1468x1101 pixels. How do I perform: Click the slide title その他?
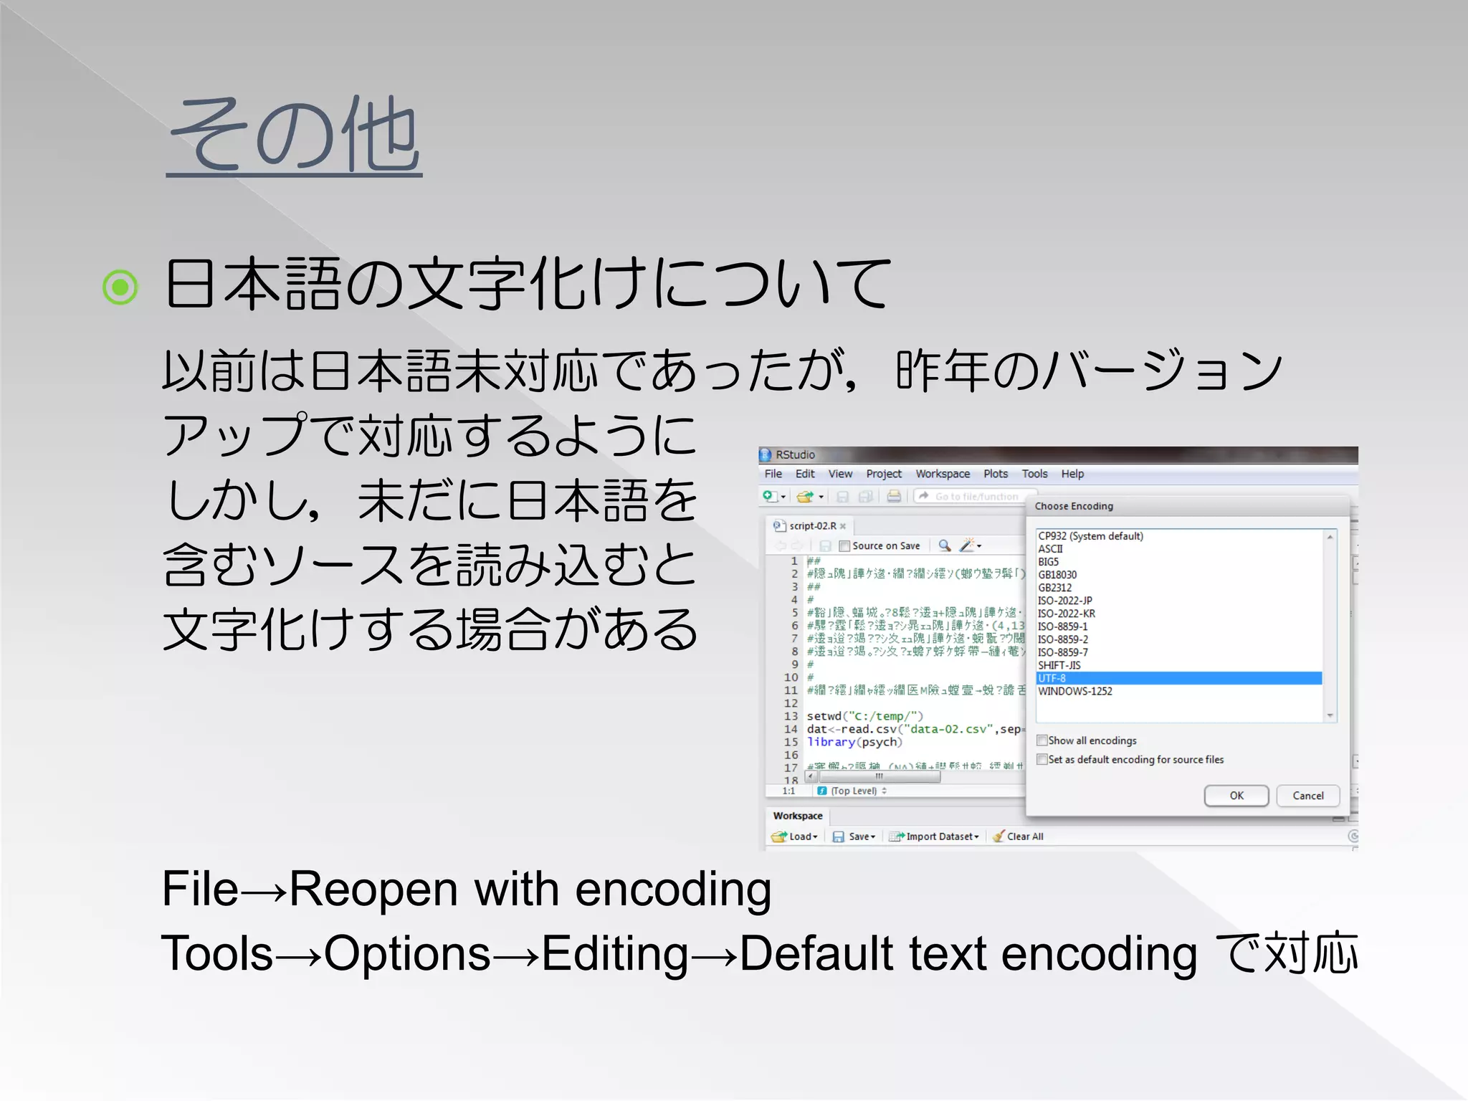click(294, 136)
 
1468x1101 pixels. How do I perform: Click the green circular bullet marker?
click(120, 287)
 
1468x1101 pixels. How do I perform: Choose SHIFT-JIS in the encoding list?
click(1059, 665)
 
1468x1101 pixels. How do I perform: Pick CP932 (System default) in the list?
click(1090, 536)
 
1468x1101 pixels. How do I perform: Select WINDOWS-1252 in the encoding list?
click(1074, 691)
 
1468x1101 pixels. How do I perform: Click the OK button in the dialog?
click(1236, 796)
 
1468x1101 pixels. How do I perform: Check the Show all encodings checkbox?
click(1042, 740)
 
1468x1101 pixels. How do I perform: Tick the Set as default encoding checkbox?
click(1042, 759)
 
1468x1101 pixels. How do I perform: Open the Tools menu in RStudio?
click(1034, 474)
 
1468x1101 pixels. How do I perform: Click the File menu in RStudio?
click(773, 474)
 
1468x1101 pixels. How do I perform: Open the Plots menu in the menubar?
click(995, 474)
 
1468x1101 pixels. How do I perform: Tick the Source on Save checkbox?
click(844, 546)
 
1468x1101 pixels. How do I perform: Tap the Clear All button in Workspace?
click(1024, 837)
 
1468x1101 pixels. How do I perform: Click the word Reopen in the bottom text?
click(373, 890)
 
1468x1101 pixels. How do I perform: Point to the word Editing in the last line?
click(614, 955)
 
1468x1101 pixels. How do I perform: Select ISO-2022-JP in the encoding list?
click(1064, 601)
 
